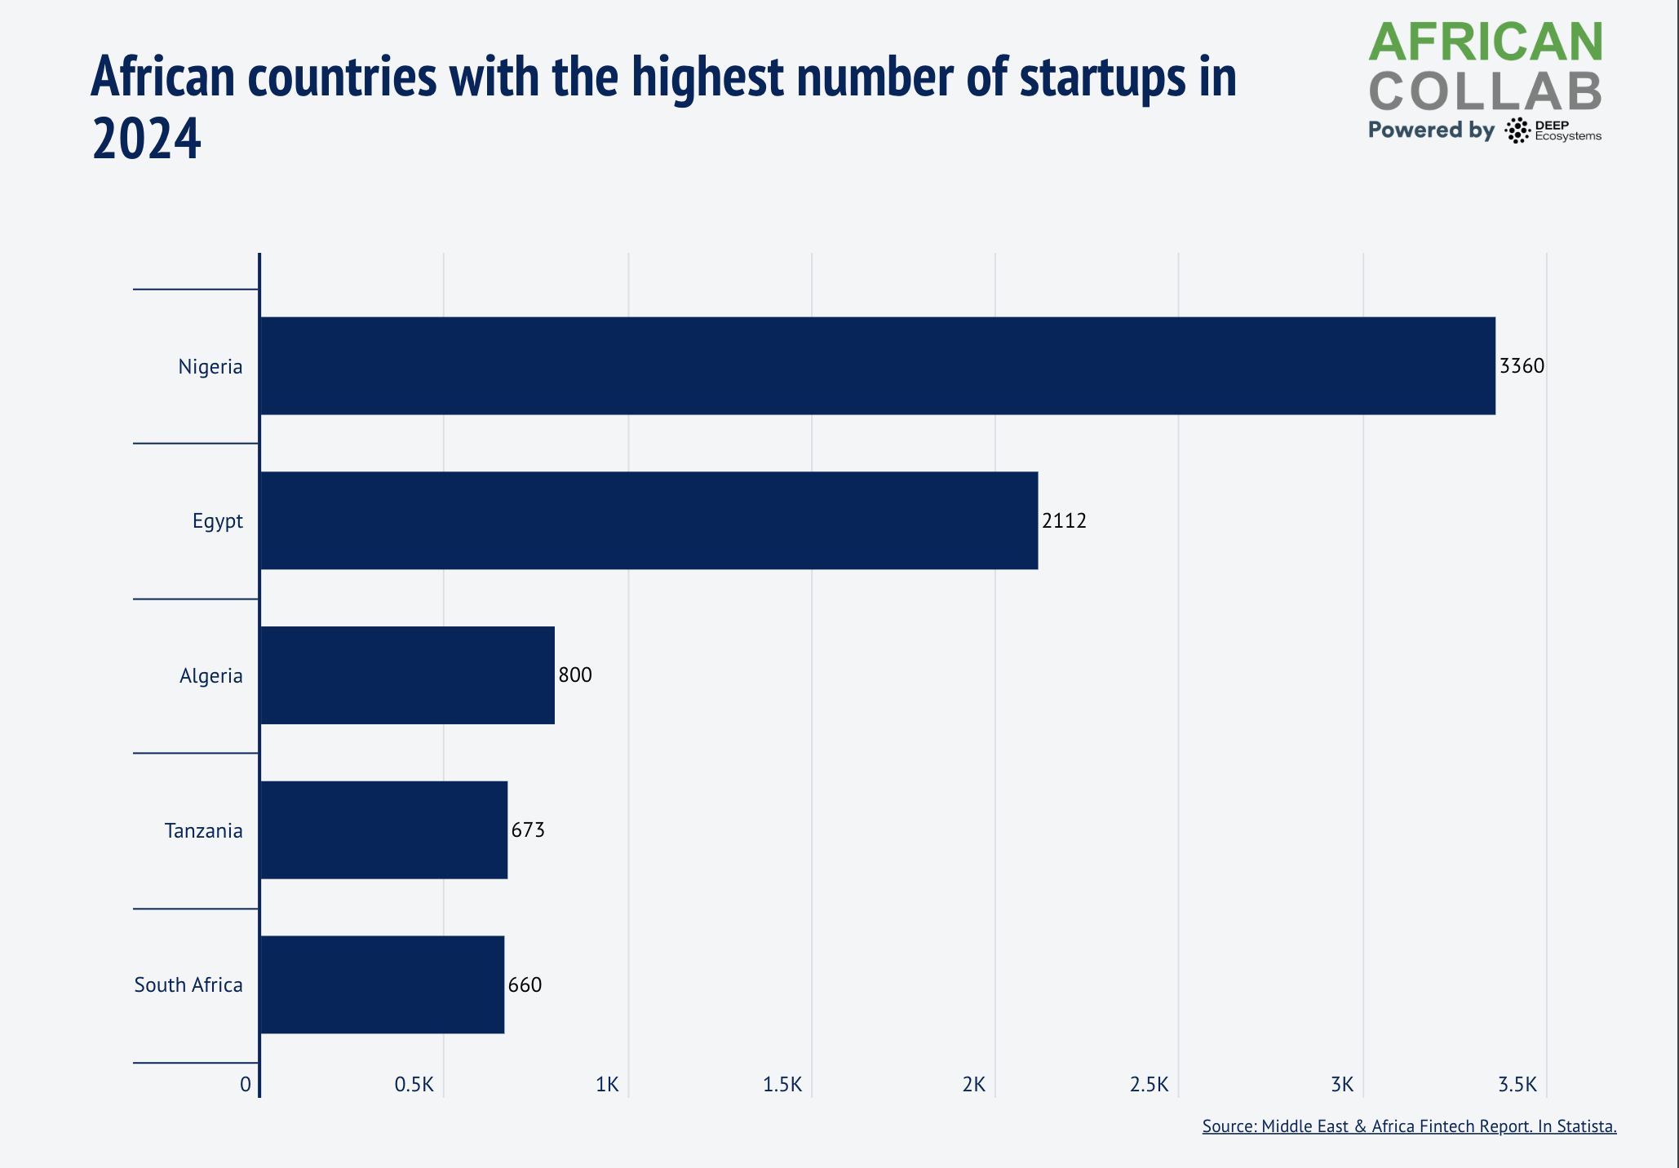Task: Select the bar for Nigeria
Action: (x=877, y=365)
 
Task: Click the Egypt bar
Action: (x=649, y=520)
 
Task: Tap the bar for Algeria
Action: (x=407, y=675)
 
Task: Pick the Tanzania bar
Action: (x=383, y=830)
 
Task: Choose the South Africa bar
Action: (x=382, y=984)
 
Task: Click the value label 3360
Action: (x=1522, y=366)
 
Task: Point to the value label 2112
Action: (x=1064, y=521)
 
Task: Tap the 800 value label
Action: (x=575, y=675)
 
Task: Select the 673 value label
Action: (x=528, y=830)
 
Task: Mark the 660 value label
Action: (x=525, y=985)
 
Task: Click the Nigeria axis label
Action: (x=210, y=367)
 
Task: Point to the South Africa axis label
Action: (x=188, y=985)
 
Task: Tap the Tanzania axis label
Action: (x=204, y=831)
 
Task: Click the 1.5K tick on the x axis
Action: (x=782, y=1085)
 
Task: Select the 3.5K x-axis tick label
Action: (x=1517, y=1085)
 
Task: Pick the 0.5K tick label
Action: (x=414, y=1085)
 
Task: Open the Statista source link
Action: (x=1409, y=1126)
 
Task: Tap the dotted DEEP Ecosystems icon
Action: (x=1517, y=131)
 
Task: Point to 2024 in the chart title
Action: (x=147, y=139)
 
